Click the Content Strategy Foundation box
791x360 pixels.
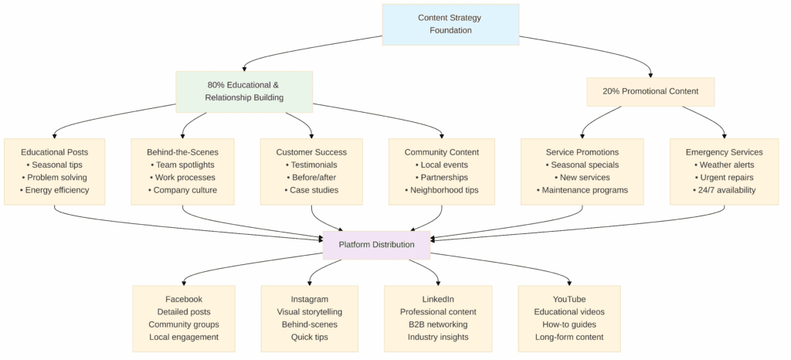pos(450,25)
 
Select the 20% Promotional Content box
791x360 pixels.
pos(650,92)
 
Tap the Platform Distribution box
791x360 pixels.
pos(376,245)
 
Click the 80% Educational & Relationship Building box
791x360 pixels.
pos(244,92)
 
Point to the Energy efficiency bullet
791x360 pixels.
pos(55,190)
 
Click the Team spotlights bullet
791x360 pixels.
pos(182,165)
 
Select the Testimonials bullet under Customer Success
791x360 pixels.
pos(311,165)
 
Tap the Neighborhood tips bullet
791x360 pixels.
pos(441,190)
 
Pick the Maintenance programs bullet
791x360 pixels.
pos(582,190)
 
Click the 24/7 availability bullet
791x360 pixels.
pos(724,190)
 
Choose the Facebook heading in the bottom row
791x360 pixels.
pos(184,300)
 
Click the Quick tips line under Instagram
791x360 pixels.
pos(309,338)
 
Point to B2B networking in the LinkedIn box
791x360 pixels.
pos(438,324)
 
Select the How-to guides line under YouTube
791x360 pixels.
pos(569,324)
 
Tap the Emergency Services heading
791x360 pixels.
pos(724,152)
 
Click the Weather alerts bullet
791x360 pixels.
pos(724,165)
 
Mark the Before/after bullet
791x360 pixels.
pos(311,178)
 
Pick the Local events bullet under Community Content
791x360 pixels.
pos(441,165)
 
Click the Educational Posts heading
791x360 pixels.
pos(55,152)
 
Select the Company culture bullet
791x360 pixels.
pos(182,190)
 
